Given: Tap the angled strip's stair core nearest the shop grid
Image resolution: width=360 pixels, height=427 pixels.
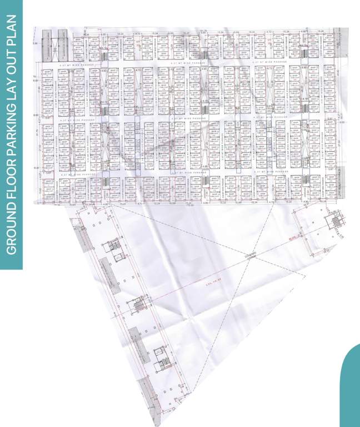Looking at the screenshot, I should point(115,248).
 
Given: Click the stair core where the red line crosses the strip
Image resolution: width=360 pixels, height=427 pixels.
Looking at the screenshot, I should point(136,305).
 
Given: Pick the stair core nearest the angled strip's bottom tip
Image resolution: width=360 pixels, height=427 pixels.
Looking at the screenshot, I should point(161,359).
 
